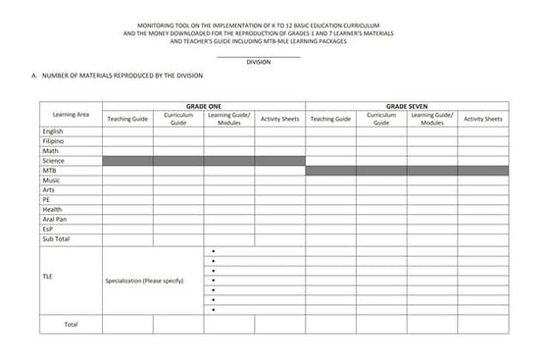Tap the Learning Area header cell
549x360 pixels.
[71, 115]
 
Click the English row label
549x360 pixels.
[53, 130]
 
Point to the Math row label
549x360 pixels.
[50, 150]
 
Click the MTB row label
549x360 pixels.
[49, 170]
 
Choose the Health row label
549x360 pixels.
[52, 209]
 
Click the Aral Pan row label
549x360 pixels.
[55, 219]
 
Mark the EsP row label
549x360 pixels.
[48, 229]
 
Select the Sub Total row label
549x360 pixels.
[56, 238]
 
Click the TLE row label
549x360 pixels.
[48, 277]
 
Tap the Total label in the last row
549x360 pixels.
[71, 324]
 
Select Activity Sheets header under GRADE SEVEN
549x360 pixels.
[482, 119]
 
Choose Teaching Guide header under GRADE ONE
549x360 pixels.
[127, 119]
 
